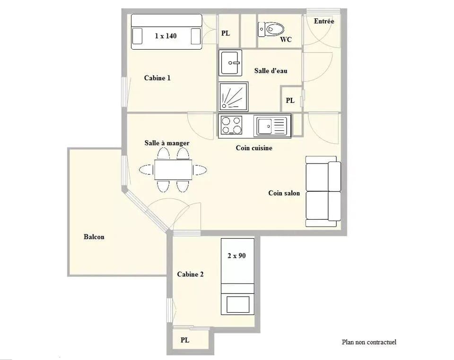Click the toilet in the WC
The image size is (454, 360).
pos(271,29)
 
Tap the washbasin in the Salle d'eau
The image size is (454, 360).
pos(230,63)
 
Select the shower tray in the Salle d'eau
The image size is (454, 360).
pos(233,96)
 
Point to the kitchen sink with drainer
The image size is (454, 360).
pos(271,126)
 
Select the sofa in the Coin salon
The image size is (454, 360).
pos(323,191)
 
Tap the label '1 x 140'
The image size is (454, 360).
pos(166,35)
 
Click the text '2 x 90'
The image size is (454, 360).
pos(236,256)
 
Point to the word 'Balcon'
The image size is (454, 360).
pos(94,237)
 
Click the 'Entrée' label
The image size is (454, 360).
pos(324,21)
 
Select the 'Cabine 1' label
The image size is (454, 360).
pos(157,78)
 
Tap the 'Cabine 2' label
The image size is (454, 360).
pos(190,274)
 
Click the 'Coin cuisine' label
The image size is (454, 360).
pos(254,148)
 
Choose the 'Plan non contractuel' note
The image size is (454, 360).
pos(369,342)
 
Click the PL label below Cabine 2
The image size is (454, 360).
pos(185,340)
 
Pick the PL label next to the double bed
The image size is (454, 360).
pos(226,33)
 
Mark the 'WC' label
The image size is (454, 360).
pos(286,40)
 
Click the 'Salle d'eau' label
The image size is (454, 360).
pos(271,71)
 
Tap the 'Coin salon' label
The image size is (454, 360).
pos(284,193)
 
